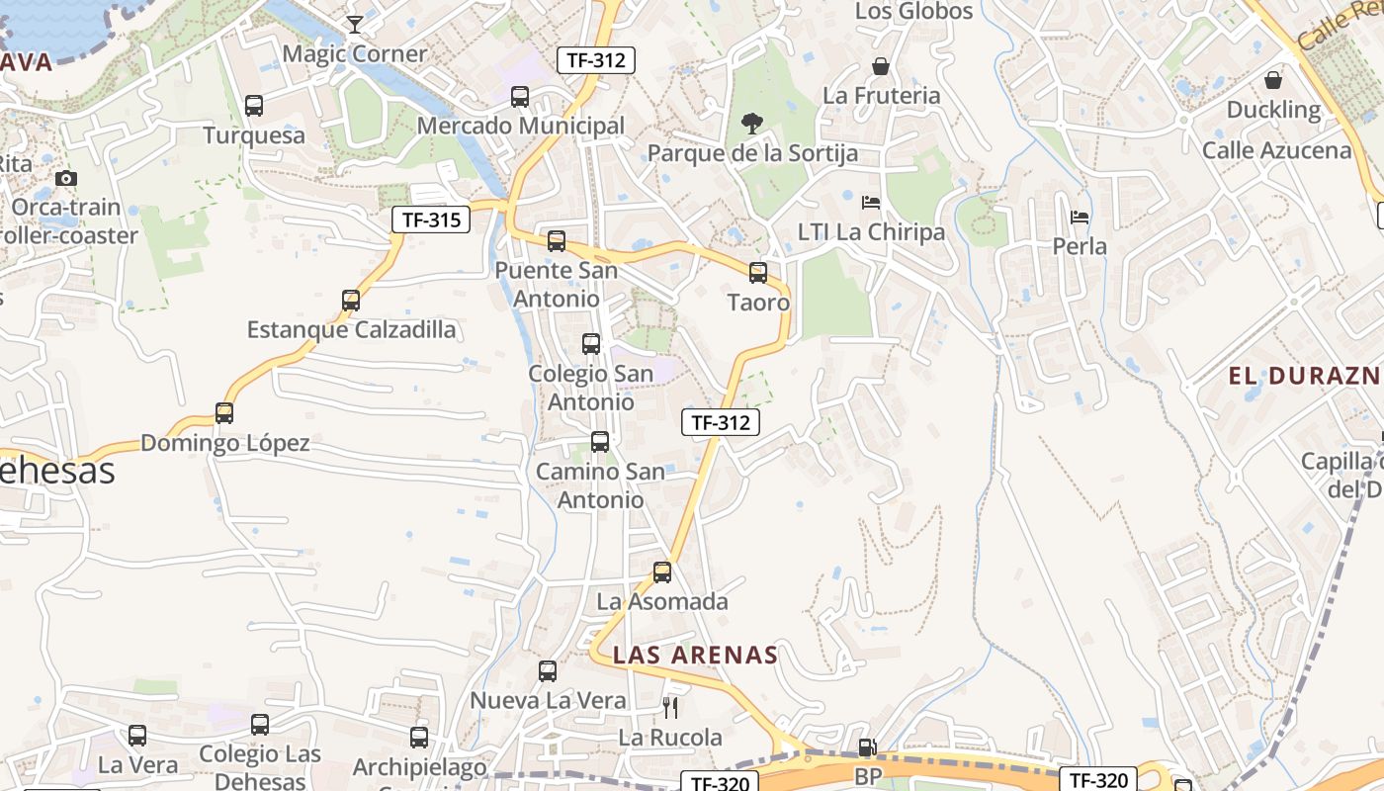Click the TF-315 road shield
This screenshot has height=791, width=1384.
pos(431,220)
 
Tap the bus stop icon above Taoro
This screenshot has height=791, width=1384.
pos(758,273)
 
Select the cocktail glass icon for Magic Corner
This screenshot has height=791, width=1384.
pos(355,24)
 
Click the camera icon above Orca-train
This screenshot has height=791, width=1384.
pos(66,179)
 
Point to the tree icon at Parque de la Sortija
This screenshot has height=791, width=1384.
pos(752,124)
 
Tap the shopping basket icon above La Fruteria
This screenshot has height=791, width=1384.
pos(881,66)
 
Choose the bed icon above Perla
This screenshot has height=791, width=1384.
pos(1080,217)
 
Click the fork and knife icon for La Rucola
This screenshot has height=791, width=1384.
pos(670,707)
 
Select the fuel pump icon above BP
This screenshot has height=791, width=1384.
pos(867,748)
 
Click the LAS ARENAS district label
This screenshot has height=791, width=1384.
pos(695,655)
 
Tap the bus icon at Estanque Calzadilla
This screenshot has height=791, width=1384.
pos(351,300)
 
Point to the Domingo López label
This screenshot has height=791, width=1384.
pos(225,443)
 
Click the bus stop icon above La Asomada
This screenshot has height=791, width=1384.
pos(662,571)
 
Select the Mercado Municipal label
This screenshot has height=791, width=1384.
pos(521,126)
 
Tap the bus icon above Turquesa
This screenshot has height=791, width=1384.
pos(254,106)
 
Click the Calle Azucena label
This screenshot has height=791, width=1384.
pos(1276,150)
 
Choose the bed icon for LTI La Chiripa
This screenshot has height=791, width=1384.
pos(871,203)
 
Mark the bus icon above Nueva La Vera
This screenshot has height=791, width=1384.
pos(548,671)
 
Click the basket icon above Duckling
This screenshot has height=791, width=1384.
pos(1273,80)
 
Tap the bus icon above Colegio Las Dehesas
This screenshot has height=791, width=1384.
pos(260,725)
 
